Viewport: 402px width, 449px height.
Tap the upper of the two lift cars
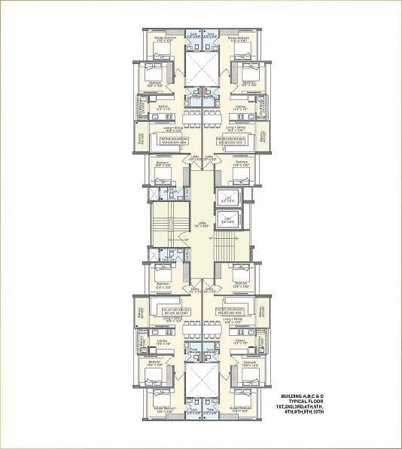(227, 199)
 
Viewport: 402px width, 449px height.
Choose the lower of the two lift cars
(227, 220)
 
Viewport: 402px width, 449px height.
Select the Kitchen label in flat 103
(239, 107)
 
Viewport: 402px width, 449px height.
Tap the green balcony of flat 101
(140, 311)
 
